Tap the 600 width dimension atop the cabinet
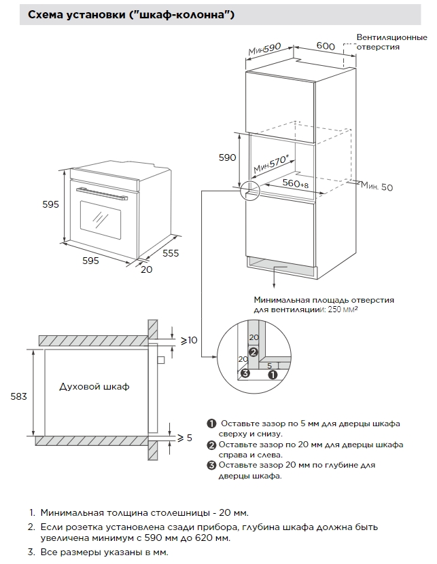pos(326,45)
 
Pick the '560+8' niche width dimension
pos(295,184)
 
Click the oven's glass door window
pos(101,218)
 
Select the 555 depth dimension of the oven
pos(171,253)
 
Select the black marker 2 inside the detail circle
pos(253,352)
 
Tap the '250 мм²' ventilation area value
pos(343,309)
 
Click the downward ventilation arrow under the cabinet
pos(274,278)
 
